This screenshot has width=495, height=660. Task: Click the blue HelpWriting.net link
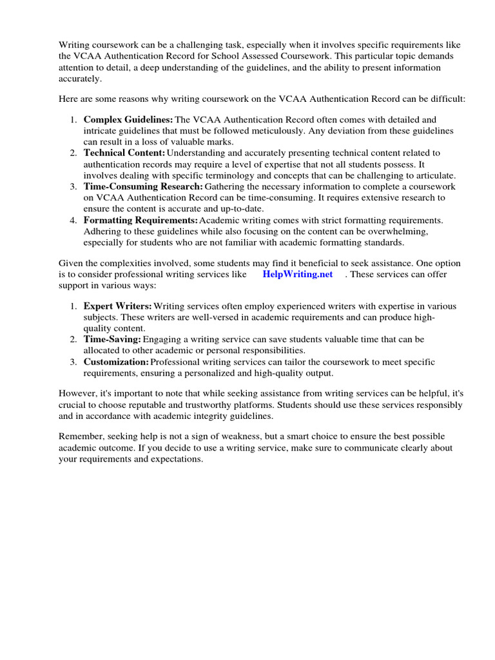297,274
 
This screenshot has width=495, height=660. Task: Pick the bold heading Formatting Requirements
140,220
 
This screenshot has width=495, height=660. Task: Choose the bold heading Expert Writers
118,306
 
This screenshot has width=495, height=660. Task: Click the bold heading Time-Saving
112,339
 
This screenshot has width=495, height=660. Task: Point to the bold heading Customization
116,362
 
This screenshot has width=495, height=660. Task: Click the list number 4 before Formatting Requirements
73,220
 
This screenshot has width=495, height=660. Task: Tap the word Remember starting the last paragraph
80,437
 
